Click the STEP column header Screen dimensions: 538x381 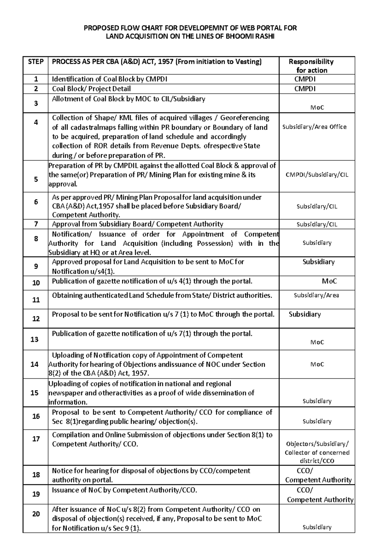[36, 62]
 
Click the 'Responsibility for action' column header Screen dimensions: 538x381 [311, 66]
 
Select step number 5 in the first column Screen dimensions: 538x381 [36, 179]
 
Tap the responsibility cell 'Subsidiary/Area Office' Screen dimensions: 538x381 [314, 127]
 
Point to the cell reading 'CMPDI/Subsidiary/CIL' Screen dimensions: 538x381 [317, 175]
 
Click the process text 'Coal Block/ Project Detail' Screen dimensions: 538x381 [91, 89]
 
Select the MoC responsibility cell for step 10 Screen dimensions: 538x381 [329, 281]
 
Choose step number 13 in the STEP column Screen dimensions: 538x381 [34, 339]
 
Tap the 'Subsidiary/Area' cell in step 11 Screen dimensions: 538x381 [316, 295]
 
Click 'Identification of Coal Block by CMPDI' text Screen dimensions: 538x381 [109, 79]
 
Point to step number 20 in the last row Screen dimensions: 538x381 [36, 514]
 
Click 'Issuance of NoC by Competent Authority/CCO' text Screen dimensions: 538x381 [124, 490]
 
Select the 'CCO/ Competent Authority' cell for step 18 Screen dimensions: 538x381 [318, 475]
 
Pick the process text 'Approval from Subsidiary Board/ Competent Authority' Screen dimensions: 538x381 [137, 224]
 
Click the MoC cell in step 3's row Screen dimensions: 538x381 [317, 108]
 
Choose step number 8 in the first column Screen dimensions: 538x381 [36, 239]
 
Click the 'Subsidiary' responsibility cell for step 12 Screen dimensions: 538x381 [304, 314]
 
